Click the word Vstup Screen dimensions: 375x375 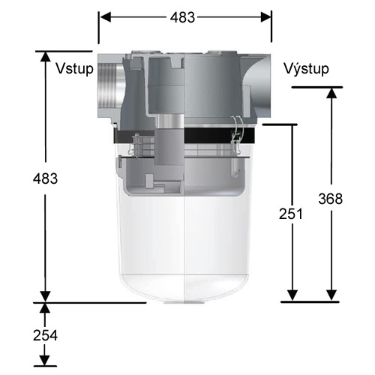[74, 69]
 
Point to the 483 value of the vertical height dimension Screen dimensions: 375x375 [45, 179]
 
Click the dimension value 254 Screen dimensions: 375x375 [45, 334]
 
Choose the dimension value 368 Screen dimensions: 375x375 [330, 199]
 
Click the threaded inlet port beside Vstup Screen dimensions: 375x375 [106, 91]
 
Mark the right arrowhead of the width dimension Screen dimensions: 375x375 [265, 17]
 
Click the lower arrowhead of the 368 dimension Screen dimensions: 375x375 [330, 295]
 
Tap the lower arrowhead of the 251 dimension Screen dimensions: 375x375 [292, 295]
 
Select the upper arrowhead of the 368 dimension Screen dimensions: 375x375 [330, 94]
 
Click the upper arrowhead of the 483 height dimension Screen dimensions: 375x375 [45, 57]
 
